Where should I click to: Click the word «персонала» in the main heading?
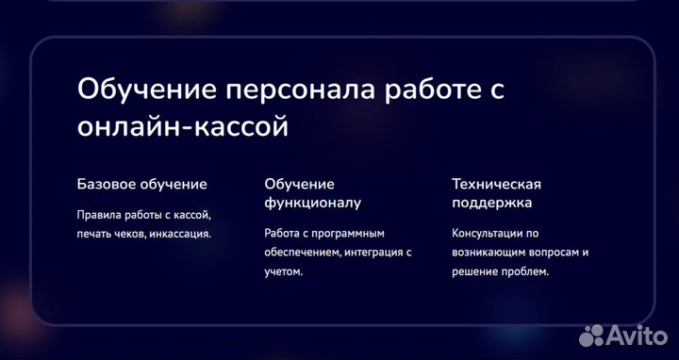(294, 90)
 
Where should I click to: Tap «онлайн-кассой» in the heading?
(182, 126)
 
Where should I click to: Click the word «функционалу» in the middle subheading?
(312, 202)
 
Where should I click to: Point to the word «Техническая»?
(496, 184)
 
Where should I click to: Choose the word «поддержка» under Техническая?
(491, 202)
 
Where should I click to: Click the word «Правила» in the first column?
(98, 214)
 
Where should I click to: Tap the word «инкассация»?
(181, 234)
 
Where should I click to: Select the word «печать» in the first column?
(94, 234)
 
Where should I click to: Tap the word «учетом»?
(283, 271)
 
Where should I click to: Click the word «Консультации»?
(488, 233)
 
